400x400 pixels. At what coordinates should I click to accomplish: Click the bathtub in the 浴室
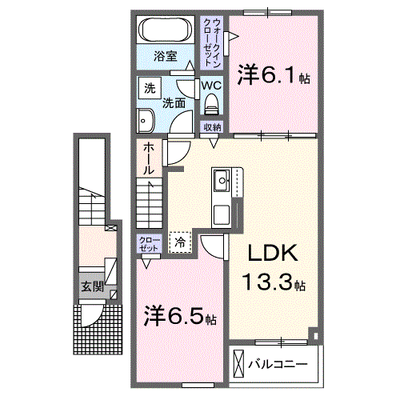pos(166,30)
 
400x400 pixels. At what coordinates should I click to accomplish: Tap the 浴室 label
pos(166,56)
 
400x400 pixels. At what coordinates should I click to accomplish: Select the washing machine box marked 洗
pos(150,88)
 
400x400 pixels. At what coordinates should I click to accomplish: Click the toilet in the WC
pos(211,104)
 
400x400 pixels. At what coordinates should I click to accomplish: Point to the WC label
pos(211,86)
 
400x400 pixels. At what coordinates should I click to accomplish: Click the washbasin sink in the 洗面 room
pos(146,121)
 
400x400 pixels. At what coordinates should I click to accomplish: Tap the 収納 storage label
pos(212,127)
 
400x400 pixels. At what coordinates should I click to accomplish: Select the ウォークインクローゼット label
pos(212,42)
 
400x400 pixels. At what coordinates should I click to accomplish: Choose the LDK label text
pos(273,253)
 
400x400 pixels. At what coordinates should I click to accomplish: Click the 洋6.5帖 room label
pos(180,316)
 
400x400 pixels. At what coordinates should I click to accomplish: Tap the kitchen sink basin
pos(222,180)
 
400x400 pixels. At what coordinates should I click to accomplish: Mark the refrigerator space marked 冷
pos(180,242)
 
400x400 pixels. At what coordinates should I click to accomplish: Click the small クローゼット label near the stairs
pos(149,244)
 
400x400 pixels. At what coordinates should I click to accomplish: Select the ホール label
pos(149,158)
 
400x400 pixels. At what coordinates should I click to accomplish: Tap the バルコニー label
pos(278,364)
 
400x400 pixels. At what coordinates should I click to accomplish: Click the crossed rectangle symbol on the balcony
pos(238,363)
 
